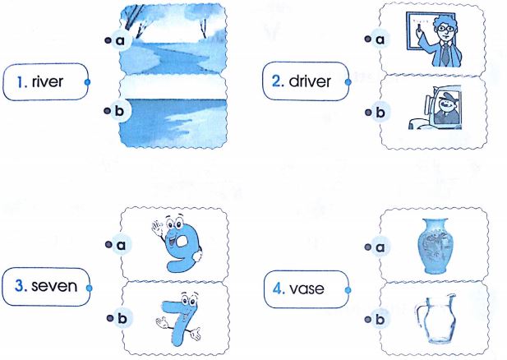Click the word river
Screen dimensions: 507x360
tap(47, 82)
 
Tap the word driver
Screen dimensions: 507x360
tap(310, 81)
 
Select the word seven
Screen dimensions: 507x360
tap(54, 286)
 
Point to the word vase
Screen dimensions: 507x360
tap(307, 288)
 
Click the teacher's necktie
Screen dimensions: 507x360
tap(445, 53)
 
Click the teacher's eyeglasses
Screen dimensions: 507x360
tap(445, 29)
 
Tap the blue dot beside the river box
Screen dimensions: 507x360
tap(87, 82)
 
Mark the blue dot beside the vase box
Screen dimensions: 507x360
tap(348, 290)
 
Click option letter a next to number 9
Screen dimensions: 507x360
tap(121, 245)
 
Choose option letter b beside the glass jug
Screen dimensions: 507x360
tap(380, 320)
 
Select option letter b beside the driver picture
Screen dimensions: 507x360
tap(380, 113)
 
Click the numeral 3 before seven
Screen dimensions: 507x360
tap(21, 286)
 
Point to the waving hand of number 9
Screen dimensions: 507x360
tap(157, 226)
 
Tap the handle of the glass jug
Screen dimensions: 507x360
tap(420, 316)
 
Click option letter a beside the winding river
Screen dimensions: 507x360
tap(120, 40)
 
